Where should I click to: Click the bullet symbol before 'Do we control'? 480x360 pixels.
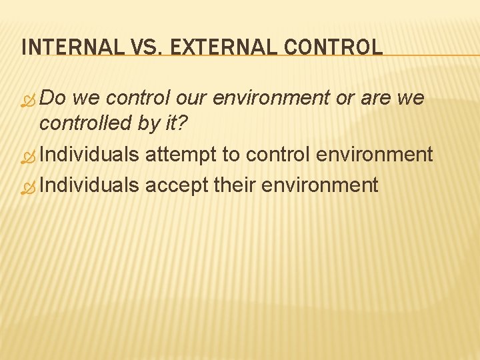28,99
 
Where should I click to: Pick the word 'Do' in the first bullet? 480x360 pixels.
53,98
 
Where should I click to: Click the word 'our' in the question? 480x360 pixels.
193,98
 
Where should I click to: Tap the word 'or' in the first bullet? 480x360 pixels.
345,98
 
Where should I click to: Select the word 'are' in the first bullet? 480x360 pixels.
378,98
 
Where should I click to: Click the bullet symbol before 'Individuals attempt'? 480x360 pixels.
28,157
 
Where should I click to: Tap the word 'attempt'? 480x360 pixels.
181,155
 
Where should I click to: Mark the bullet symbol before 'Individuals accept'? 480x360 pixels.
28,186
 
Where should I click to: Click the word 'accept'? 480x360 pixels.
176,185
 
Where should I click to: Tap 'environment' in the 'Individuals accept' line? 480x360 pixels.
321,185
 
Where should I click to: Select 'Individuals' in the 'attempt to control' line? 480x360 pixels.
89,155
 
